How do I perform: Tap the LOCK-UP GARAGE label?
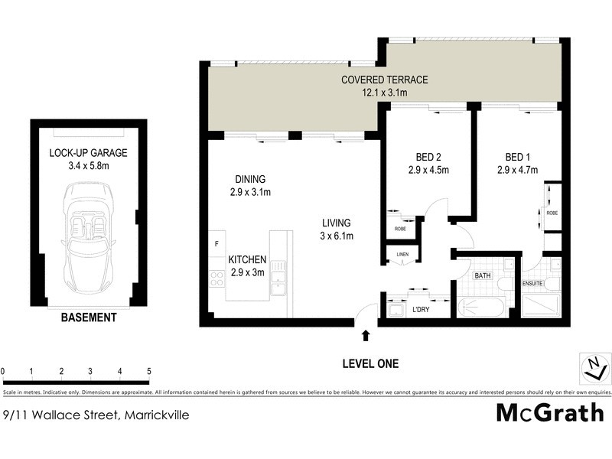tap(89, 153)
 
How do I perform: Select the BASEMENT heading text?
tap(90, 317)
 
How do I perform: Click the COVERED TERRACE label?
tap(384, 80)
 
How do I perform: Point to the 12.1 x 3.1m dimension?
tap(384, 93)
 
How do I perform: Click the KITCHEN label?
tap(247, 259)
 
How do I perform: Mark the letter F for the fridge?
tap(216, 245)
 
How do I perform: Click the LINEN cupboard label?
tap(402, 254)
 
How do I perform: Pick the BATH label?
tap(482, 275)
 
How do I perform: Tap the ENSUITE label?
tap(532, 284)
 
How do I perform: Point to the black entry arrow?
tap(366, 335)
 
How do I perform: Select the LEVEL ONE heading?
tap(371, 364)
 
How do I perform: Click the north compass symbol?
tap(591, 368)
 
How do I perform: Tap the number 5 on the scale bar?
tap(148, 371)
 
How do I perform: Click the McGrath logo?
tap(550, 413)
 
